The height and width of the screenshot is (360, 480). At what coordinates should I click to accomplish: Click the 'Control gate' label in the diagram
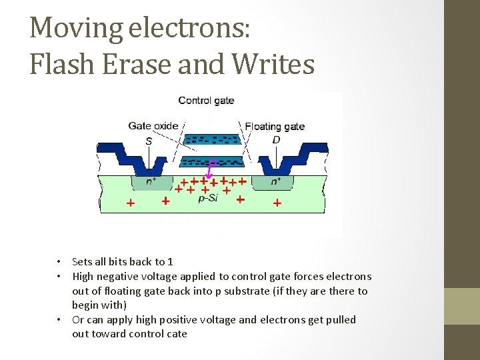(x=206, y=101)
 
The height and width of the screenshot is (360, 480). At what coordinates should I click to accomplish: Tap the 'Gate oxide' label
(x=153, y=125)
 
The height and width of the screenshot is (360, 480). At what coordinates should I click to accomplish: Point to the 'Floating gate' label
(x=275, y=126)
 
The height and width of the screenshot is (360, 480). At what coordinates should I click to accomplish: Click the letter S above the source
(x=149, y=141)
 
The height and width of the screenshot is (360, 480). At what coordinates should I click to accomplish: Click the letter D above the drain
(x=276, y=140)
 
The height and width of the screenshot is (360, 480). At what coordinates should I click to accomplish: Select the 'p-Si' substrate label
(x=208, y=198)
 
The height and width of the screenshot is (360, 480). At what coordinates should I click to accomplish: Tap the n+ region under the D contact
(x=273, y=180)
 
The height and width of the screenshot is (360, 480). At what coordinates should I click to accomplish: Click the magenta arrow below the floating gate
(x=211, y=171)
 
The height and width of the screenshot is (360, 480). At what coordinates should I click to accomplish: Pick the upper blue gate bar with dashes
(x=212, y=140)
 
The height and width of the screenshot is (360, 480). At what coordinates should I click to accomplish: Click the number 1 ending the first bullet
(x=170, y=261)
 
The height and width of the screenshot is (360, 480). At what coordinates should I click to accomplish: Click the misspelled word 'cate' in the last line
(x=176, y=333)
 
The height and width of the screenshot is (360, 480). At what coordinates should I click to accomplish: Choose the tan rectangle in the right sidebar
(x=462, y=307)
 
